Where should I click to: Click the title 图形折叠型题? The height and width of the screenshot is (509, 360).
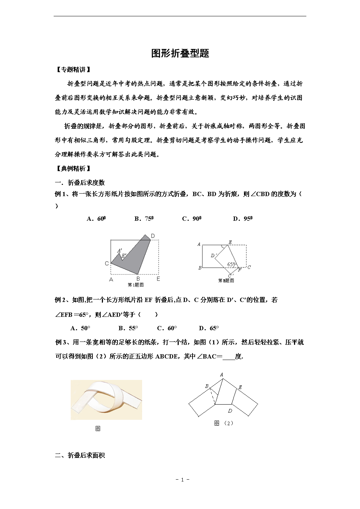180,53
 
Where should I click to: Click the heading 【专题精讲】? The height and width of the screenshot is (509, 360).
73,70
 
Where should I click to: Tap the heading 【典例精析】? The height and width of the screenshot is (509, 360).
73,168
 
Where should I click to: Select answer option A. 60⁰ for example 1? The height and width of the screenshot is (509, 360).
96,219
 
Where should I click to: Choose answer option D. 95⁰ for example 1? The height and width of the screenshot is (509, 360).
243,219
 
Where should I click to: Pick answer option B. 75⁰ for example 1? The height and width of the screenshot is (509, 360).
144,219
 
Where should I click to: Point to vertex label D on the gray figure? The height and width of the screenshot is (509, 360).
153,236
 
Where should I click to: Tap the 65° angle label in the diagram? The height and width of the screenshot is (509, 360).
231,264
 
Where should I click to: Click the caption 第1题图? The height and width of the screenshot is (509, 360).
136,285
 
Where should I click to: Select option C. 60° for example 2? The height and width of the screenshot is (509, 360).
167,328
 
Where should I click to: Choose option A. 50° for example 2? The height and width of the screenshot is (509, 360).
80,328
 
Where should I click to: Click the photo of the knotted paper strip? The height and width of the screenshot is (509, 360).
106,400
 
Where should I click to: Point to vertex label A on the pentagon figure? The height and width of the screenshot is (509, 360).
222,374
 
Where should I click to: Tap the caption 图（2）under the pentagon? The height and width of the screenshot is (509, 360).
224,423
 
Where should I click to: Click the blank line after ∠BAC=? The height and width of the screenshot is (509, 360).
228,357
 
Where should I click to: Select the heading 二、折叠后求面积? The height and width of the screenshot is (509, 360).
80,455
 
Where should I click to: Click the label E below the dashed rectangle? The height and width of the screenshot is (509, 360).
158,279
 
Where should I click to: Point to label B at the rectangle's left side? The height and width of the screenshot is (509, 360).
200,268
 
